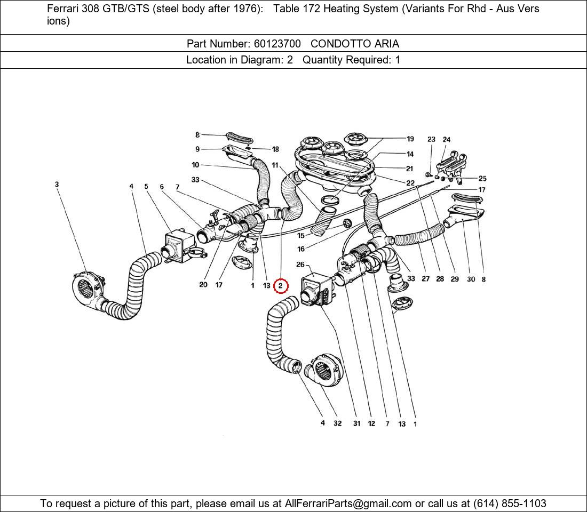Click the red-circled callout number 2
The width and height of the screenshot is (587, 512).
[x=281, y=286]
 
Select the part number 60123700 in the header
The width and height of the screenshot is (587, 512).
[x=277, y=44]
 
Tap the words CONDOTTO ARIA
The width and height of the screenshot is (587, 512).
[x=354, y=44]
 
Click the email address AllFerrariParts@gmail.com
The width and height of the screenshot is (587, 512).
[x=348, y=503]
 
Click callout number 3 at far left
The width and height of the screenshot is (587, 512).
[x=57, y=185]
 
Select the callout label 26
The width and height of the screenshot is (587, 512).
[x=300, y=265]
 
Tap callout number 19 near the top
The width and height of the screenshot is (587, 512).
[x=410, y=139]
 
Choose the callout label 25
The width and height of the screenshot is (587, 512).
[x=482, y=179]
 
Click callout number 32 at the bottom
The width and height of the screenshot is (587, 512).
[x=337, y=423]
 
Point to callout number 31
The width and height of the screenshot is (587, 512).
[x=356, y=423]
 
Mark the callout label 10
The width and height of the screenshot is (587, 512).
[x=195, y=165]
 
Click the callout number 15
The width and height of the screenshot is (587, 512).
[x=301, y=235]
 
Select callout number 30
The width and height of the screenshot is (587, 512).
[x=470, y=279]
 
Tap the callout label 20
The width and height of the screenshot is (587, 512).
[x=203, y=285]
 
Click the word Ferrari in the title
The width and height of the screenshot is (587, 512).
[x=63, y=9]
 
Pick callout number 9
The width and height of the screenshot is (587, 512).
[x=197, y=149]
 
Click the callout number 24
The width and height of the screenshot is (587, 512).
[x=446, y=140]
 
